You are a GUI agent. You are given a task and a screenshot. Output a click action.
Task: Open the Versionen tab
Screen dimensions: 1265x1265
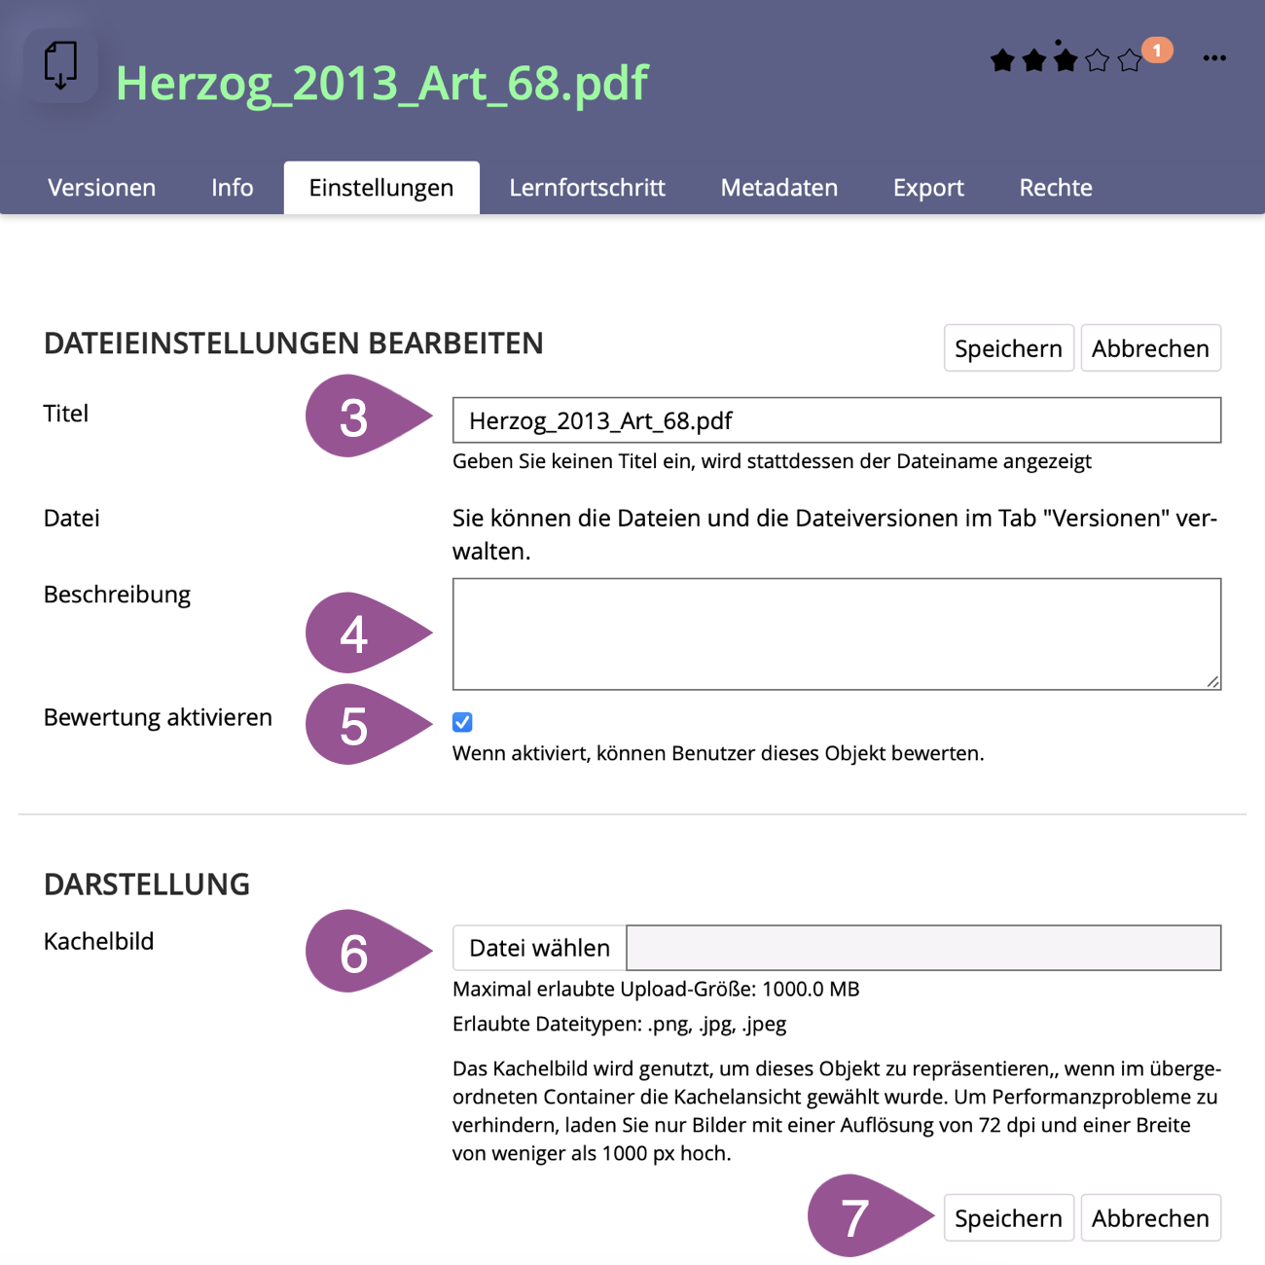(101, 188)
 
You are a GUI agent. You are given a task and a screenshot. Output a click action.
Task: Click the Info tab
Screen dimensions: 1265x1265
(232, 188)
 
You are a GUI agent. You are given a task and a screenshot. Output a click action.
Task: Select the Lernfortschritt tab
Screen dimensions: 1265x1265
(587, 188)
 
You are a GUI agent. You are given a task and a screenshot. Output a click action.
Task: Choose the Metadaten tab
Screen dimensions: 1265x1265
(778, 188)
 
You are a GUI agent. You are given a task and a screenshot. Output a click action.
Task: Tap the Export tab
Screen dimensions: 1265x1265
(928, 188)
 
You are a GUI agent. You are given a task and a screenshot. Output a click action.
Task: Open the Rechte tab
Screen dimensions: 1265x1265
(1055, 188)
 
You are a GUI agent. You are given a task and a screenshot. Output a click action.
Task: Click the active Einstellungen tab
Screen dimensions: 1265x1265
(380, 188)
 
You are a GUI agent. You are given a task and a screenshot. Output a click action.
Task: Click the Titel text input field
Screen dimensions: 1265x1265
(836, 420)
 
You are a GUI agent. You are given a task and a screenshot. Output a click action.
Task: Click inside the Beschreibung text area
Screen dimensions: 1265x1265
(836, 633)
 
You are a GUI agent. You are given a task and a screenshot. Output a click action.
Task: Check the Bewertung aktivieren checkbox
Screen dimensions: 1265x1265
(462, 722)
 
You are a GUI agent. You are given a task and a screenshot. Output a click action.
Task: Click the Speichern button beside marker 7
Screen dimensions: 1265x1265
(1008, 1218)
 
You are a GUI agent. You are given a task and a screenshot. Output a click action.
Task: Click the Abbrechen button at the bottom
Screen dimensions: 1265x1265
(1150, 1218)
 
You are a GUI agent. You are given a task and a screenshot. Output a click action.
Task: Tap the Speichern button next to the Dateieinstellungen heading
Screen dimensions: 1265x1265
(1008, 348)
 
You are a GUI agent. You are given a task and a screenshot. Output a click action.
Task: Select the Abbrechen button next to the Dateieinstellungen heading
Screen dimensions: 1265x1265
(1150, 348)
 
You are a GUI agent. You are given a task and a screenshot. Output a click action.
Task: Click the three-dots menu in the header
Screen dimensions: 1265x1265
(1214, 58)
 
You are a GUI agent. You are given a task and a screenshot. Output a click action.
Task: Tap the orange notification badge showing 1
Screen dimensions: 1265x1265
(1157, 50)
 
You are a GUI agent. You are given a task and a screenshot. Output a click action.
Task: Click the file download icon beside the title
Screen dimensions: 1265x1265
(60, 66)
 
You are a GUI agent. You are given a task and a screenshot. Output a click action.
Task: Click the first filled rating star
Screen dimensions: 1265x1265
(1002, 61)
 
